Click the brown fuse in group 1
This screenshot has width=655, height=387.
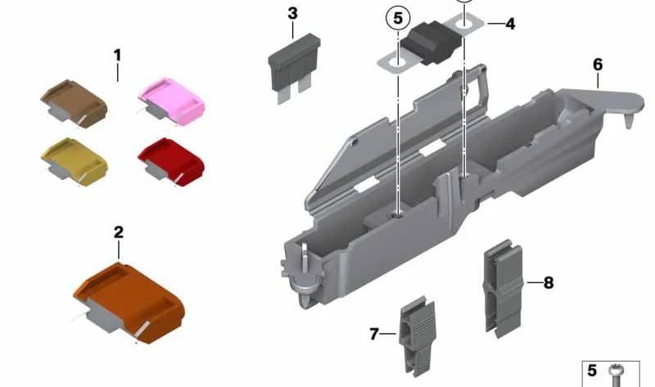coord(74,103)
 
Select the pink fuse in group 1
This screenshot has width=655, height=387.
coord(172,101)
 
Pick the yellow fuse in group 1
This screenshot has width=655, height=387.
coord(75,161)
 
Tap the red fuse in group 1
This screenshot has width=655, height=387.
coord(171,161)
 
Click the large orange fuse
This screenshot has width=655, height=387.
coord(129,303)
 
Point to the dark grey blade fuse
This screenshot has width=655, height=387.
coord(294,68)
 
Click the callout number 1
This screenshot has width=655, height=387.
coord(117,55)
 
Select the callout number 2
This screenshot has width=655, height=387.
coord(119,232)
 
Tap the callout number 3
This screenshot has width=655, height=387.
coord(293,13)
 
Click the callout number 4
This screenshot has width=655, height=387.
coord(510,24)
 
